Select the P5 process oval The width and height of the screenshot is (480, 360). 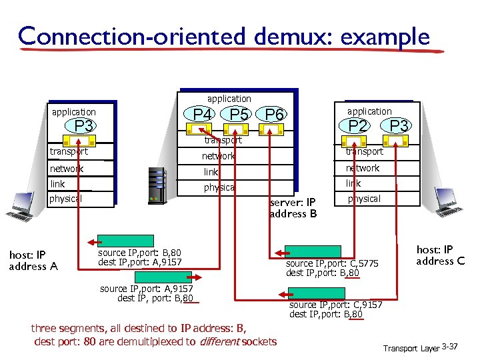coord(239,115)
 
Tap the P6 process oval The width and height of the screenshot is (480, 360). coord(275,115)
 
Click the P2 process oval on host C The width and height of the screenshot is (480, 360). coord(359,125)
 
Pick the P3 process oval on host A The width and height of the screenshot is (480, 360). coord(83,127)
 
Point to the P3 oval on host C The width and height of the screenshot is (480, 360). coord(399,125)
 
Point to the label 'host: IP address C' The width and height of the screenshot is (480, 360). coord(440,255)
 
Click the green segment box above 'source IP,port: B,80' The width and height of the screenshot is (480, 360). coord(117,241)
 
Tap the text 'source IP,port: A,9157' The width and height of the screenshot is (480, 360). coord(146,289)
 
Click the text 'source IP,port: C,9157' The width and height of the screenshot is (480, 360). coord(335,305)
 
